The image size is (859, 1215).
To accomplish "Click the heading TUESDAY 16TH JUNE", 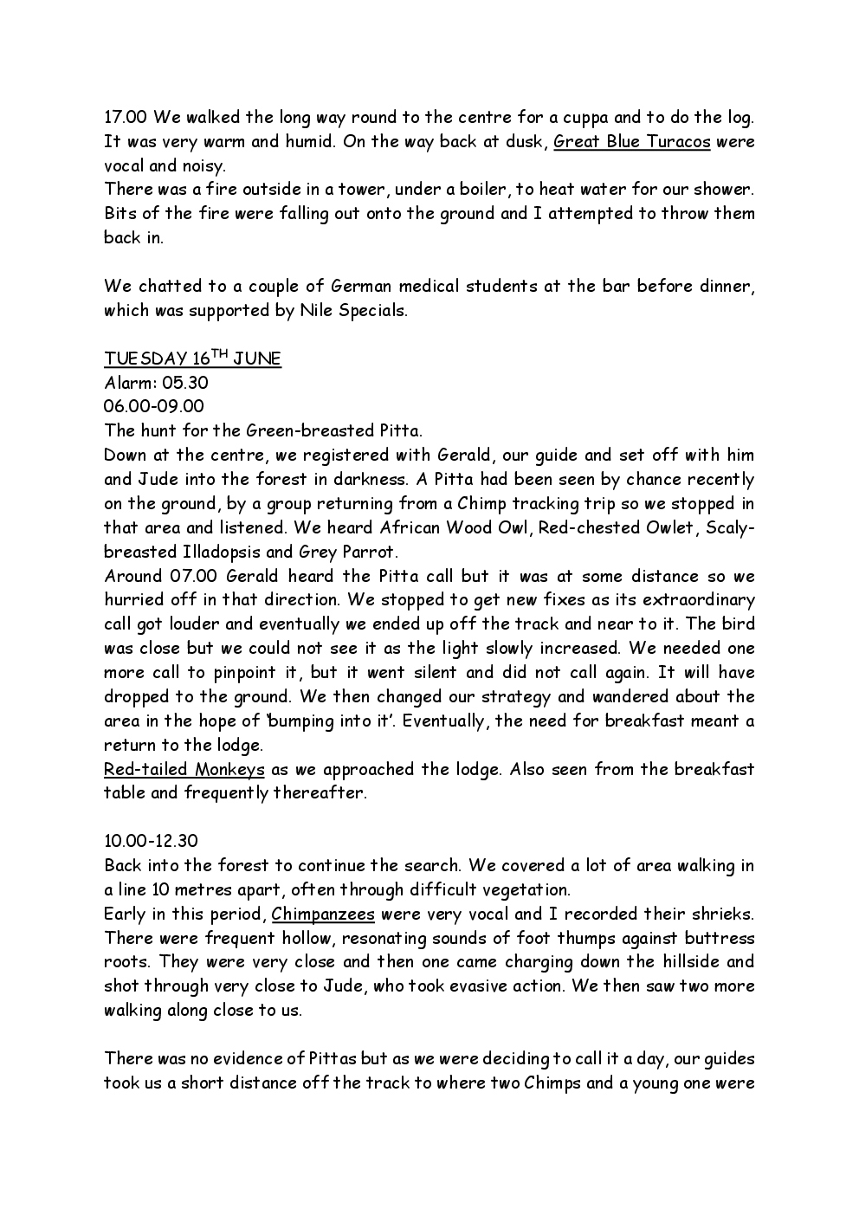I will [x=192, y=359].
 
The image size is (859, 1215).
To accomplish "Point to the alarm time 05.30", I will [x=185, y=382].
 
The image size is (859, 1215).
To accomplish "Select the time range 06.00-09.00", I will [x=154, y=406].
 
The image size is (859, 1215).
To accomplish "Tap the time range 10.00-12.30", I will [x=153, y=841].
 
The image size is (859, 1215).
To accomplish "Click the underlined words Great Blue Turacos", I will [x=631, y=141].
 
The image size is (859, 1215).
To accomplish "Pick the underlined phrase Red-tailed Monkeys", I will [x=184, y=769].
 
